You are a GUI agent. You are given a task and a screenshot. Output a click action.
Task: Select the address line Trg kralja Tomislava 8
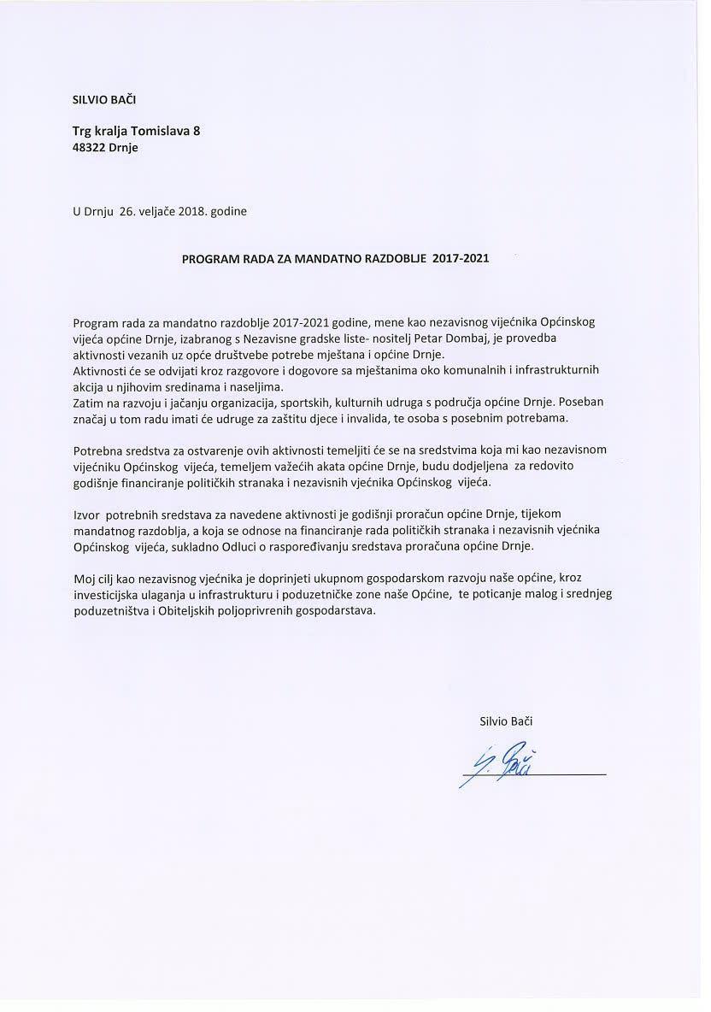[x=137, y=131]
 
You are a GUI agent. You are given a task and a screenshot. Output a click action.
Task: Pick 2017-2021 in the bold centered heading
[x=461, y=256]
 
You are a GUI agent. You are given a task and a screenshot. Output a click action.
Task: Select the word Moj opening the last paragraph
[x=85, y=580]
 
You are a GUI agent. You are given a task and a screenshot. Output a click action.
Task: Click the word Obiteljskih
[x=185, y=612]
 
